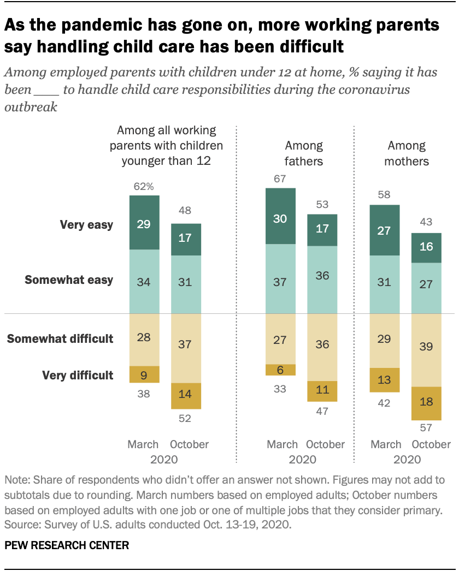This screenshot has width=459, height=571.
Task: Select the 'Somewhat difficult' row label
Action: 60,339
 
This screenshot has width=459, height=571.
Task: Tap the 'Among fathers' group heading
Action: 304,153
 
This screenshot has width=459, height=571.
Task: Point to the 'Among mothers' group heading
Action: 407,153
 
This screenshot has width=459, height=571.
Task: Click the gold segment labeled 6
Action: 280,370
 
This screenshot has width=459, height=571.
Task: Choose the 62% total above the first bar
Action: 144,187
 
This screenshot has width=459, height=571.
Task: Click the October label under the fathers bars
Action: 325,444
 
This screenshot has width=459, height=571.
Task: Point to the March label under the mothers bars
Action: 386,444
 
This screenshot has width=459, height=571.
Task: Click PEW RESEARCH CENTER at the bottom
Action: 67,544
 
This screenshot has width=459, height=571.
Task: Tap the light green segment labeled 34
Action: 144,282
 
